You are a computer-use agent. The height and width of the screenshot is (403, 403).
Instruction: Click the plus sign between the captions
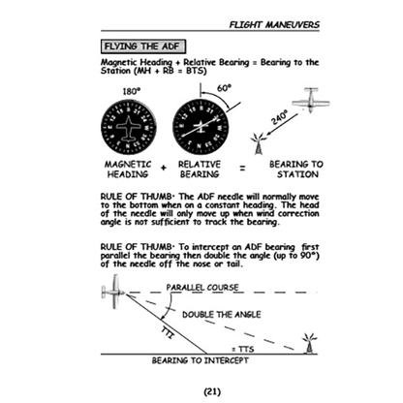[x=166, y=170]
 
